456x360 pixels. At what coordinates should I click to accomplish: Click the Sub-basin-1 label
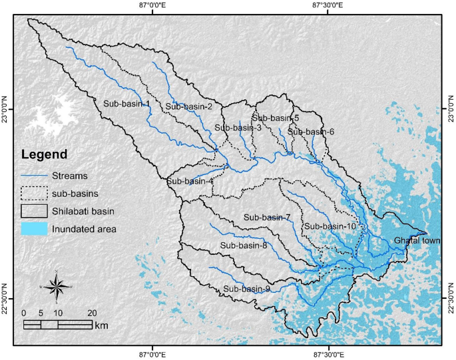coord(126,104)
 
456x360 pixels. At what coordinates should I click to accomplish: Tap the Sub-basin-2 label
coord(189,106)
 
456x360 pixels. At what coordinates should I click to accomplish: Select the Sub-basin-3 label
coord(238,128)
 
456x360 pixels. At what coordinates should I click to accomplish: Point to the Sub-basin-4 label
coord(190,181)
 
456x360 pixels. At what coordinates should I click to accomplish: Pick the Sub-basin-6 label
coord(311,132)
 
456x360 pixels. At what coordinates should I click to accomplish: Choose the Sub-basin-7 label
coord(267,218)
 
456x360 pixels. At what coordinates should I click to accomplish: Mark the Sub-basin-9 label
coord(246,289)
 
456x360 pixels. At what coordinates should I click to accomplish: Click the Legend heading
coord(44,154)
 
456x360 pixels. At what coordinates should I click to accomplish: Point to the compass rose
coord(57,286)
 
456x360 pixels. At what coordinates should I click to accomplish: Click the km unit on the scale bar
coord(101,325)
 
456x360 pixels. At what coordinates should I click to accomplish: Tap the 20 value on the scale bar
coord(92,313)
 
